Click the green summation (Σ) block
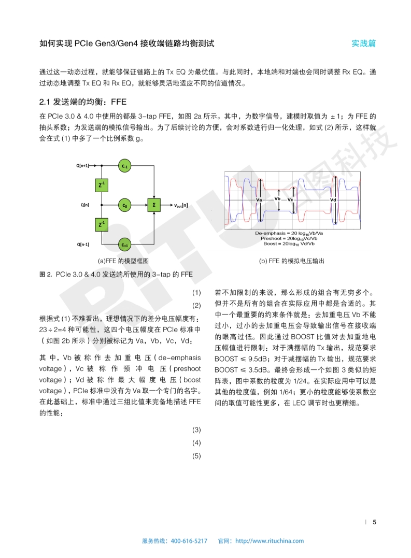pos(153,205)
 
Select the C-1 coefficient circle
pos(124,166)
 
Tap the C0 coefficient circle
pos(124,206)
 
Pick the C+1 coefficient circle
pos(124,244)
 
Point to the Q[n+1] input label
pos(82,166)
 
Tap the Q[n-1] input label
pos(82,244)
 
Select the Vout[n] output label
pos(181,205)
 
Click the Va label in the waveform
pos(259,199)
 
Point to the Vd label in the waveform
pos(333,199)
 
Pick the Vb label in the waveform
pos(277,198)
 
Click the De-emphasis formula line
pos(292,234)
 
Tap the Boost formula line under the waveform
pos(292,244)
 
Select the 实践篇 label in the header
pos(364,44)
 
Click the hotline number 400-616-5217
pos(189,541)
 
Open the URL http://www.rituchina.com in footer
pos(270,541)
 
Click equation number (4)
pos(196,443)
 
